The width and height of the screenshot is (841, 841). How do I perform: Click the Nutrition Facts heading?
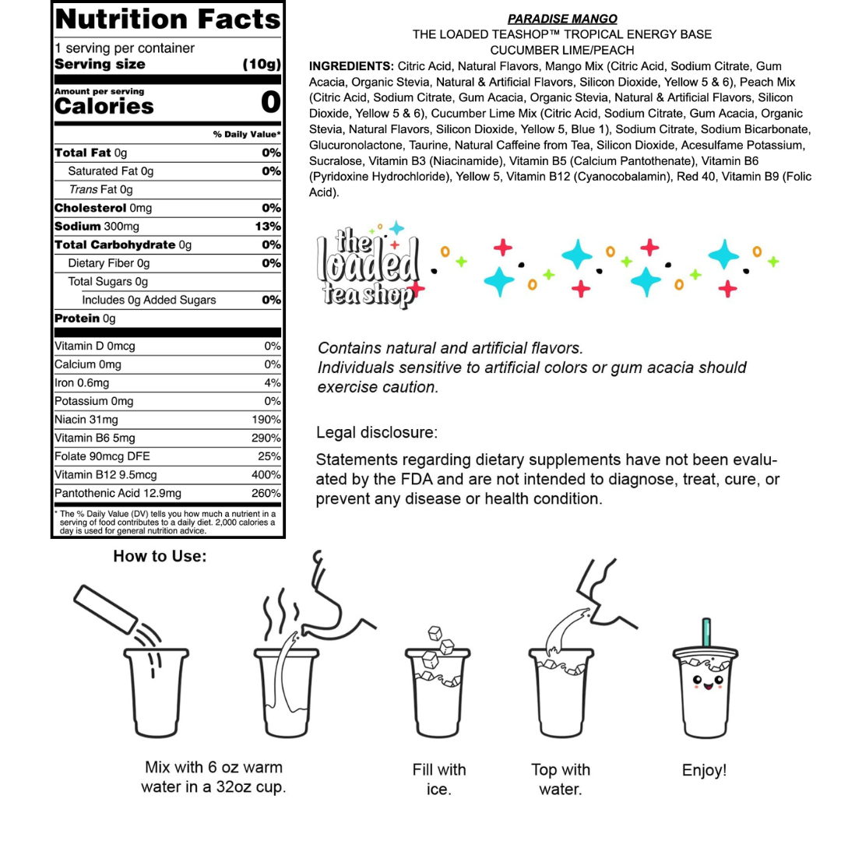(x=167, y=19)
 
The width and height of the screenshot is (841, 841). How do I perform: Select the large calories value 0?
(x=270, y=102)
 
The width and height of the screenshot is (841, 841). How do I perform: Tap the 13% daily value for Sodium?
(x=268, y=227)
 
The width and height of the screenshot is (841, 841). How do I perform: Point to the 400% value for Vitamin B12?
(x=266, y=475)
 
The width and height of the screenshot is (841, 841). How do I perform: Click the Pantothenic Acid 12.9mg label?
(x=118, y=494)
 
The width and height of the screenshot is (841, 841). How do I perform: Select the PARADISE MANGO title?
(x=562, y=19)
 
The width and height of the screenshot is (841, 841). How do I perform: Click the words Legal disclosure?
(x=377, y=432)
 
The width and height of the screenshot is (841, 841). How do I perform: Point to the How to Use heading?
(x=160, y=556)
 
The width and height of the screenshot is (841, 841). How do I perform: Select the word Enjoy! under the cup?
(x=704, y=771)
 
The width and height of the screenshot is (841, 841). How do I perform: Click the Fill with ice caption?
(x=439, y=779)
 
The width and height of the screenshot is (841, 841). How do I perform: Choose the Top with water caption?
(x=561, y=779)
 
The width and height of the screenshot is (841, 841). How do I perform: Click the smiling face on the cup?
(x=706, y=683)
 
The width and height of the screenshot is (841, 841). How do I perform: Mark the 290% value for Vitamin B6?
(x=266, y=438)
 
